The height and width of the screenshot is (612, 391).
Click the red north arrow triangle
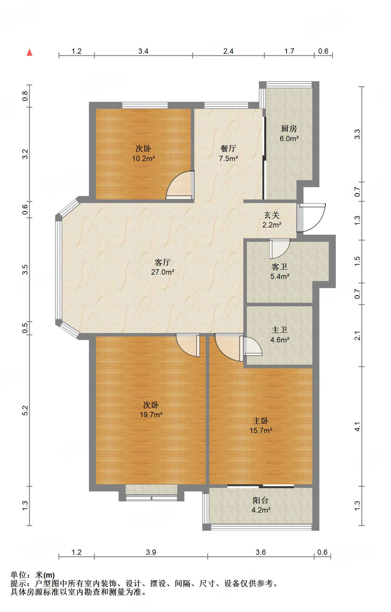(29, 52)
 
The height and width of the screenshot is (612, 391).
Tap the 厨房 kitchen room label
(289, 133)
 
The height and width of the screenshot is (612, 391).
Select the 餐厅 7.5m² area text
(228, 153)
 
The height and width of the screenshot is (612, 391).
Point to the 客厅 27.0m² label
(163, 267)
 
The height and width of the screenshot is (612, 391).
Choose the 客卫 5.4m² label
(280, 271)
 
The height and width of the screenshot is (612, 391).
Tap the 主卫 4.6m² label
(280, 335)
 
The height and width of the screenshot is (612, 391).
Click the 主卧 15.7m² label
(261, 426)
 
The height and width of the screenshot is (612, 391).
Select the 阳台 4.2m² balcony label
(261, 505)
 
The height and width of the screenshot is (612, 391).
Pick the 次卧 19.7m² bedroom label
(151, 410)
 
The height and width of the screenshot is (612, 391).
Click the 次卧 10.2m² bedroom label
(143, 153)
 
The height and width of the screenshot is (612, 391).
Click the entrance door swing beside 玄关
(311, 218)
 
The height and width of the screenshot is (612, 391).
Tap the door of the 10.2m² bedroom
(180, 185)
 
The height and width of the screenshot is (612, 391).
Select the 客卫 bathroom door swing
(279, 249)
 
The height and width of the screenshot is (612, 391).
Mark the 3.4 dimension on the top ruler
(143, 51)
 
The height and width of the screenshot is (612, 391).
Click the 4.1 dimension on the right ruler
(358, 426)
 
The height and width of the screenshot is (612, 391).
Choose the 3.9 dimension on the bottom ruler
(151, 552)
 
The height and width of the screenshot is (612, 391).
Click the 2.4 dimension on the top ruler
(228, 51)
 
